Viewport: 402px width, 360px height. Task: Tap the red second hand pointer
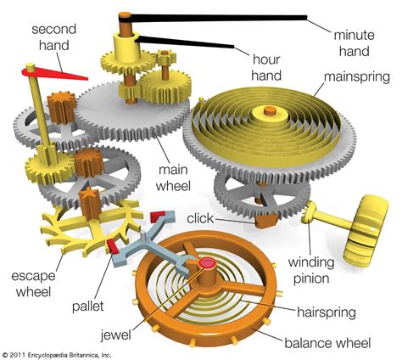tap(55, 75)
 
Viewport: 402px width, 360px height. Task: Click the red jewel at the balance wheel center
tap(206, 267)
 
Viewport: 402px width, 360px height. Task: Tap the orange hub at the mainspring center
tap(270, 111)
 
